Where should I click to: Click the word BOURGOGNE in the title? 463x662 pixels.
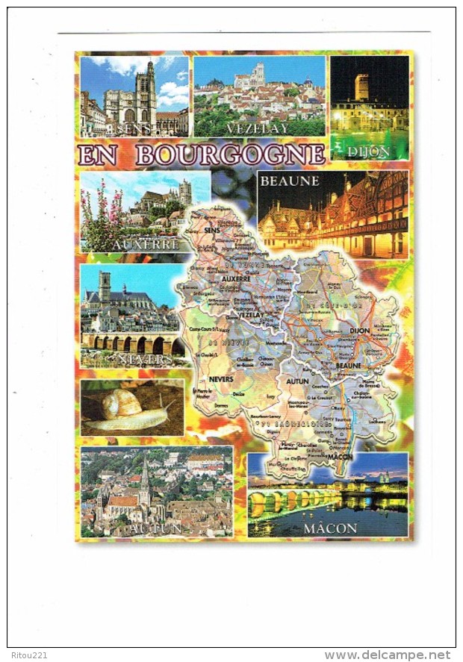click(x=231, y=154)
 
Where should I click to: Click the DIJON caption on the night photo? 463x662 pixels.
click(x=369, y=152)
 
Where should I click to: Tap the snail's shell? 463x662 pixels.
click(x=122, y=404)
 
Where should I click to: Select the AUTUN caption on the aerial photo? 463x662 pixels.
click(x=154, y=528)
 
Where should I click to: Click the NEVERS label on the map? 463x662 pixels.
click(x=220, y=378)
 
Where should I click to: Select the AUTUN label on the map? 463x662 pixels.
click(x=296, y=381)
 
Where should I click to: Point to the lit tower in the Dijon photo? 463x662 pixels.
click(x=361, y=87)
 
